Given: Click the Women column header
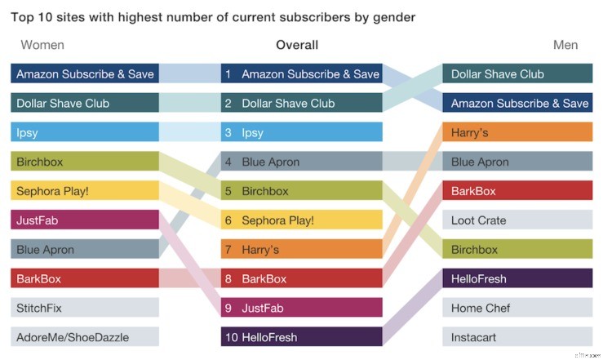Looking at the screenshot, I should [42, 45].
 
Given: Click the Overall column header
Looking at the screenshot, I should [297, 45].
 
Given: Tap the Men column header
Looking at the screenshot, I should [565, 45].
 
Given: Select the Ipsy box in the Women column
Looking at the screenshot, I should [85, 132].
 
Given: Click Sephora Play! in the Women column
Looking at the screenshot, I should [85, 191].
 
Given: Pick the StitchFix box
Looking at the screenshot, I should [85, 308].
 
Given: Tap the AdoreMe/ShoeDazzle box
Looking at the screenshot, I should [85, 336].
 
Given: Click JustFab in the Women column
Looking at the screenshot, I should [85, 220].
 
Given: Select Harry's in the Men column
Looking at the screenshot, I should [517, 132].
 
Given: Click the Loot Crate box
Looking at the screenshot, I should [517, 220].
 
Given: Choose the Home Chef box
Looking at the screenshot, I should [517, 308].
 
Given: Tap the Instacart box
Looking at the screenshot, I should [517, 336].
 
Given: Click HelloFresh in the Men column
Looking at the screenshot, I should [517, 278].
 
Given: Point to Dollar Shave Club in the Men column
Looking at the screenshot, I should [517, 74].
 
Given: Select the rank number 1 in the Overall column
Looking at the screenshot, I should [228, 74].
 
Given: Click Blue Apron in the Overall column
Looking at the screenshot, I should [302, 162].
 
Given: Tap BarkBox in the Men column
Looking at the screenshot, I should [517, 191].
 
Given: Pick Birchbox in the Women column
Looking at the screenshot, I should [85, 162].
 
